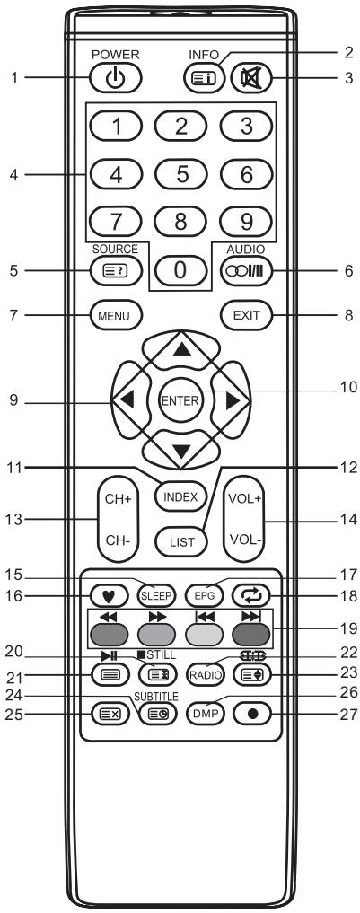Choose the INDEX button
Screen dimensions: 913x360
(x=180, y=493)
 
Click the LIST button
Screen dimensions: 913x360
(x=180, y=540)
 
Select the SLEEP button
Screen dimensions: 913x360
(x=155, y=593)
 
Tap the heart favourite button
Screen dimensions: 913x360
(x=107, y=593)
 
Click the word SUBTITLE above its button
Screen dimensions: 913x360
(x=155, y=696)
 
